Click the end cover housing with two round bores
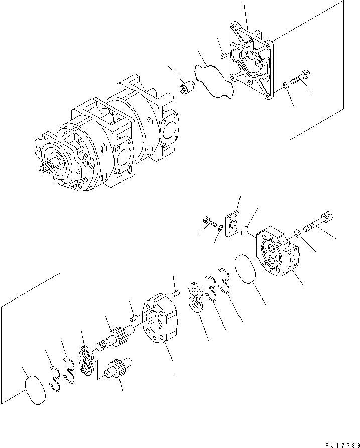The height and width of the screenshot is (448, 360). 278,253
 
